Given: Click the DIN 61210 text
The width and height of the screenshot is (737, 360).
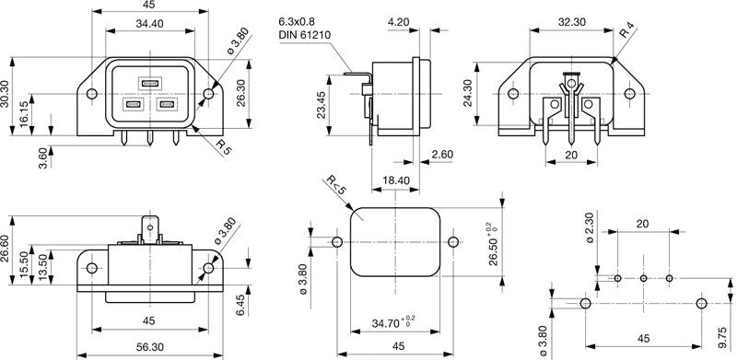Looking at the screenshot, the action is (x=305, y=35).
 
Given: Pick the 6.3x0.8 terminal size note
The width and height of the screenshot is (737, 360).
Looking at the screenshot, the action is (x=296, y=21).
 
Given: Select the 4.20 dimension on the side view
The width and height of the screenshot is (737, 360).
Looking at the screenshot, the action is (x=399, y=21).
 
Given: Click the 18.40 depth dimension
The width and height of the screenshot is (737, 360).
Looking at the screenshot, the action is (x=396, y=180).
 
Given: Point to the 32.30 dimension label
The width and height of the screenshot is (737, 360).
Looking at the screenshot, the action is (x=571, y=21).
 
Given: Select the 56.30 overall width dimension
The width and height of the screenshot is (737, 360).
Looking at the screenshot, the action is (x=150, y=347).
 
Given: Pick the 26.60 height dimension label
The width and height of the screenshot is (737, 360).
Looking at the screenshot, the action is (x=6, y=262).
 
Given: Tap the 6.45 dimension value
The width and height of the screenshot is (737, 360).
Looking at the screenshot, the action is (x=240, y=306).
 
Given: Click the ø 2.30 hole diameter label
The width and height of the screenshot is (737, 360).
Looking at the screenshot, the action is (x=591, y=227).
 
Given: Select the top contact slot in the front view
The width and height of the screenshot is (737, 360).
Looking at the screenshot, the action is (x=150, y=84).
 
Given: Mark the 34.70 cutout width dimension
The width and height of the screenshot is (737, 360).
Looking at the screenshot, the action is (x=393, y=322).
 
